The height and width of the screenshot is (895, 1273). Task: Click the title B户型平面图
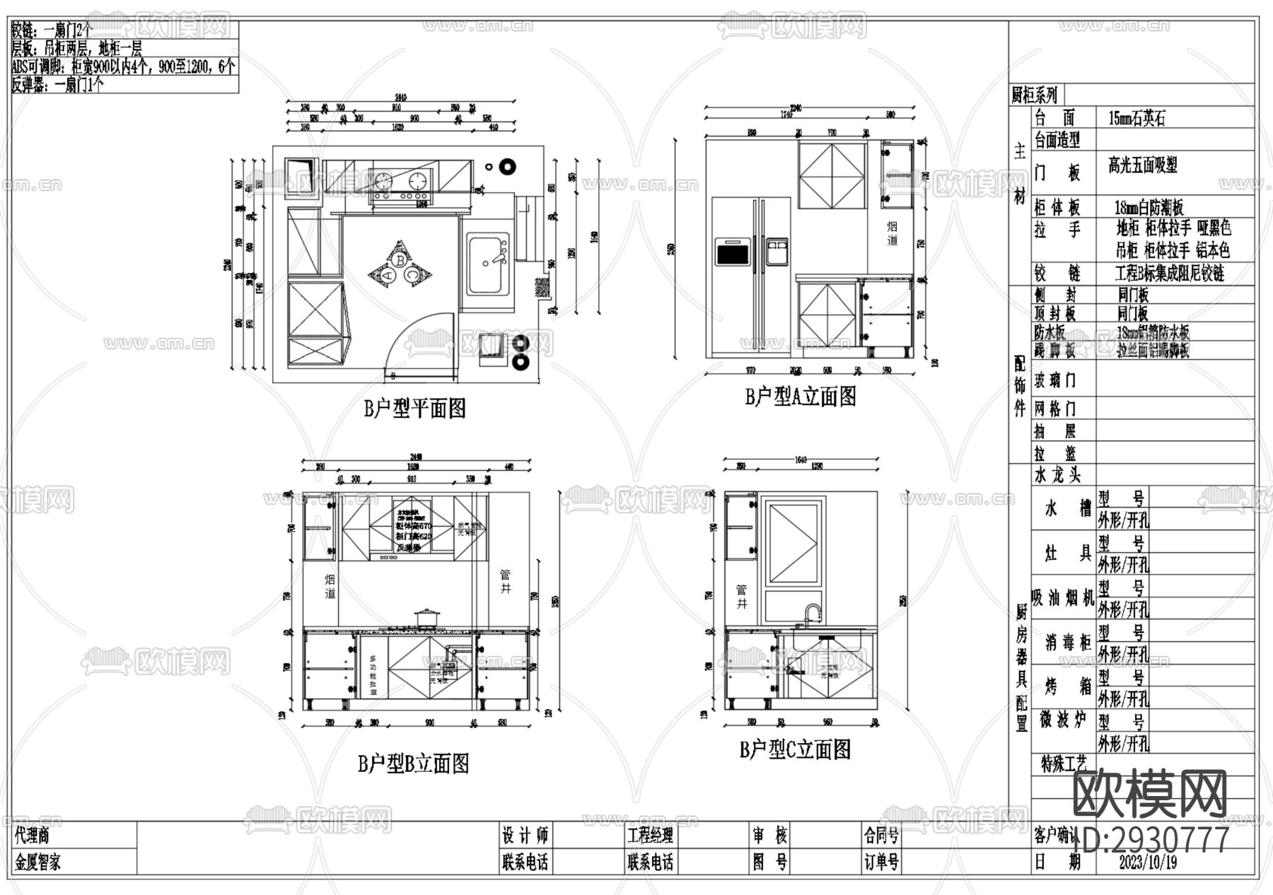414,408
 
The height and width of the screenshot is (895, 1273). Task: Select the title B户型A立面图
800,396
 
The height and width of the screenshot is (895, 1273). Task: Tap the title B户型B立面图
413,764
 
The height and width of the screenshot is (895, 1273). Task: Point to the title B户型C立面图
795,749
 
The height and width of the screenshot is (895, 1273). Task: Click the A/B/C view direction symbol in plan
400,264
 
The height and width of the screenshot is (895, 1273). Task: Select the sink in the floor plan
488,265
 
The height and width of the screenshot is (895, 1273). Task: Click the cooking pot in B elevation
426,618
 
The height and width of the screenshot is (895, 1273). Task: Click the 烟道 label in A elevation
892,233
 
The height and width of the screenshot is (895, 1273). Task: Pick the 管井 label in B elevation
506,581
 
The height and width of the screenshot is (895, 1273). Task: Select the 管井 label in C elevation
742,597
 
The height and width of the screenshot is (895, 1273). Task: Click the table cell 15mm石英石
1137,118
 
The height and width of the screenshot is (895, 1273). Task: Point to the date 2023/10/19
1148,862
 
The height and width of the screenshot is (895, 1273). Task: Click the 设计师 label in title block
525,836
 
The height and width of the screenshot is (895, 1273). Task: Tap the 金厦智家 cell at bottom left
38,862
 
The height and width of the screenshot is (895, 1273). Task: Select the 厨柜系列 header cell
1035,95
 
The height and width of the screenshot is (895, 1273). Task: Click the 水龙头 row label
1057,474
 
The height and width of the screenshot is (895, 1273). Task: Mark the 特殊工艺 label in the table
1063,764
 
